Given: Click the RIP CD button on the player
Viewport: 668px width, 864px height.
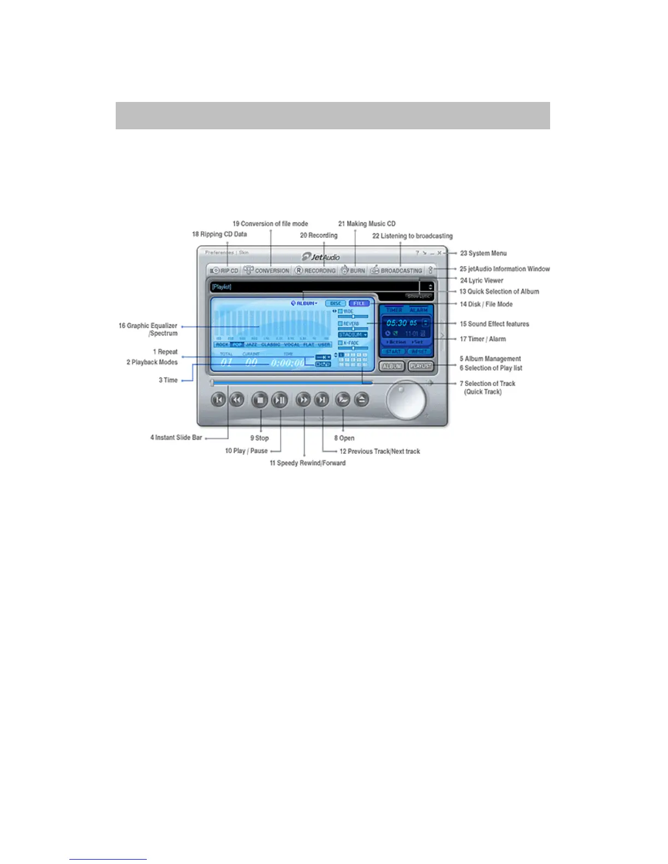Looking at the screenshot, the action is pos(225,271).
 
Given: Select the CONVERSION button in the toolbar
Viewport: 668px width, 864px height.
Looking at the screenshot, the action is pos(267,271).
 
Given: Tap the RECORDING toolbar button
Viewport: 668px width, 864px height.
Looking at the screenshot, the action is pos(315,271).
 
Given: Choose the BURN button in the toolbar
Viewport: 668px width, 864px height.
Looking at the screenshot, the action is pos(353,271).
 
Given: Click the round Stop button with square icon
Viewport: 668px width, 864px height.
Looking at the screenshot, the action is pos(260,400).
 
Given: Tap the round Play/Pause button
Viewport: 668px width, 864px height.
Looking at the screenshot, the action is pos(279,400).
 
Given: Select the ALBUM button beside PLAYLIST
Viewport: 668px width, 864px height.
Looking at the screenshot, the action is pos(392,366).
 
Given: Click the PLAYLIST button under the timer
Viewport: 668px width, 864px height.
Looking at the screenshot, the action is pos(421,366).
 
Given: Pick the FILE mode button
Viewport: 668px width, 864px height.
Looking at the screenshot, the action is pos(359,303).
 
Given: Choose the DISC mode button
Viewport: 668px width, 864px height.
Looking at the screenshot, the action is pos(335,303).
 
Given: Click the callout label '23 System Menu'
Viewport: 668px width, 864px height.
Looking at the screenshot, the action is pos(483,253).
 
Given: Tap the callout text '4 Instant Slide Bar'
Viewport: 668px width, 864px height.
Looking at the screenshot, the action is pos(176,437).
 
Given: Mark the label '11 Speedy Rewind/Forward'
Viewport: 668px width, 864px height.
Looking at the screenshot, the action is pos(307,463).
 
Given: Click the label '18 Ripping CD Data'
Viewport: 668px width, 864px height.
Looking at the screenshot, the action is pos(219,235).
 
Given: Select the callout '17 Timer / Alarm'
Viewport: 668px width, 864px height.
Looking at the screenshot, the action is pos(482,339).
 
